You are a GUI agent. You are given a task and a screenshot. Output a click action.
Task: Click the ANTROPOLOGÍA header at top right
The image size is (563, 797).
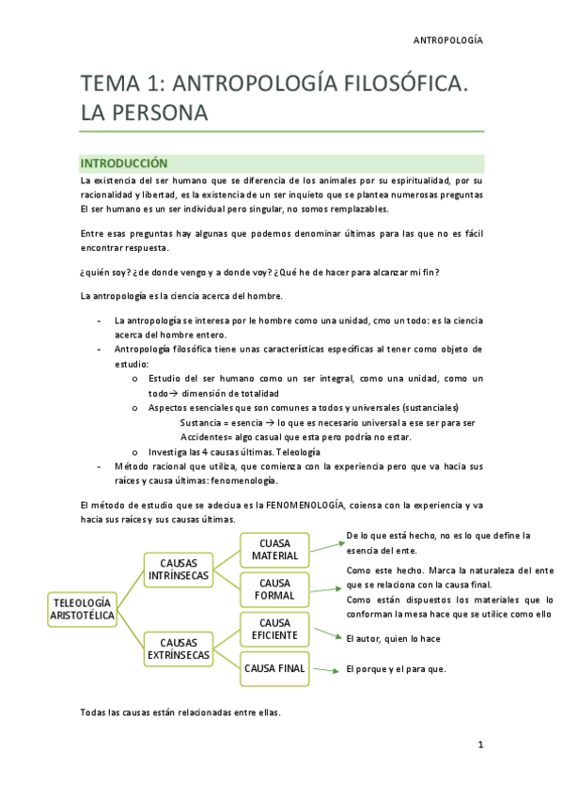448,40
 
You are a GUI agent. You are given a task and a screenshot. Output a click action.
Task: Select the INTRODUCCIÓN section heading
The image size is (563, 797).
123,163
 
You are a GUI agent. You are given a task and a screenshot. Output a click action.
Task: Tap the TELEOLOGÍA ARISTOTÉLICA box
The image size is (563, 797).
83,609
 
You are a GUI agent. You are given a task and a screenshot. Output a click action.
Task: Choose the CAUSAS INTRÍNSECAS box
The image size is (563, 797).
180,570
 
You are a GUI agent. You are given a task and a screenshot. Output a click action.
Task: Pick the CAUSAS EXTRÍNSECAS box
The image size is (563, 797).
180,648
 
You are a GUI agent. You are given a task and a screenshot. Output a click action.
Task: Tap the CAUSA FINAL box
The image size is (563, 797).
274,668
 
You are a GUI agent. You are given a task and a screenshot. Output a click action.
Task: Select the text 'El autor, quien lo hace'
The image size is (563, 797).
393,639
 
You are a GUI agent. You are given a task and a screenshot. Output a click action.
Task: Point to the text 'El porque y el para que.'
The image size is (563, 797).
396,669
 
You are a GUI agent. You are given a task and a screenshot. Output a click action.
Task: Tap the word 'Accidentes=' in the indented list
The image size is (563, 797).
206,437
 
